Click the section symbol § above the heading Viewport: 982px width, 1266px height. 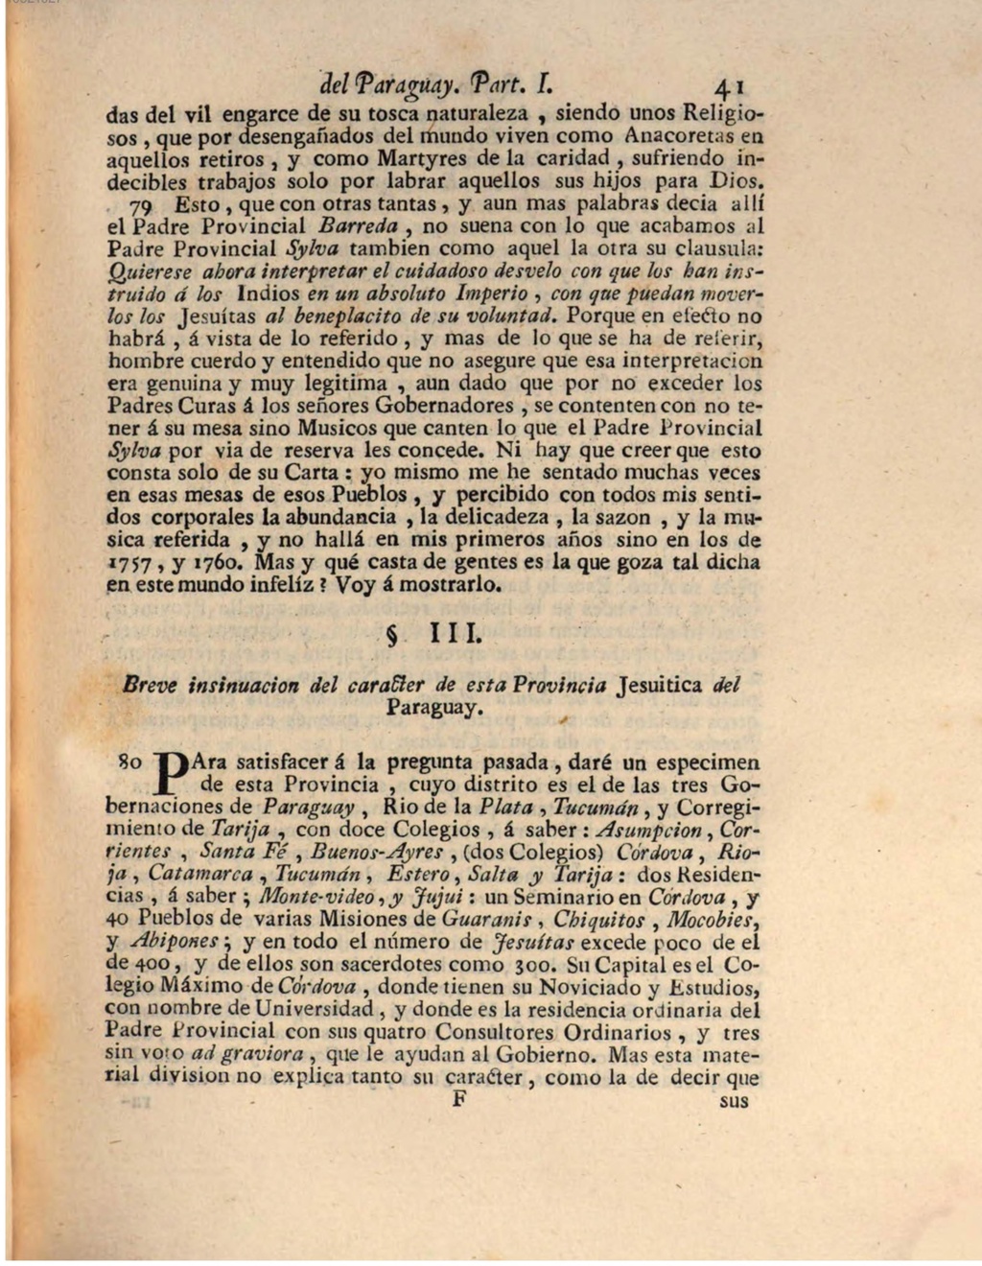click(388, 637)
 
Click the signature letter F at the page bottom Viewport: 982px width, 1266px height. click(458, 1099)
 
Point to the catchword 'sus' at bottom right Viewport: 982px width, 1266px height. click(733, 1100)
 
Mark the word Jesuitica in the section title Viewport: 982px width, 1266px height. click(662, 686)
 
